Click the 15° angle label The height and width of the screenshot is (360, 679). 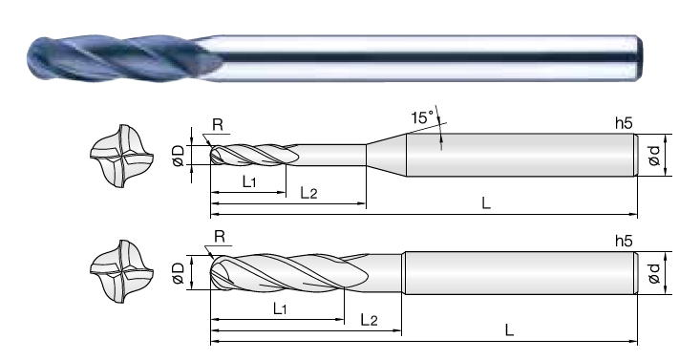pos(422,117)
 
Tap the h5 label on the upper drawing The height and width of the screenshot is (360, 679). pos(624,123)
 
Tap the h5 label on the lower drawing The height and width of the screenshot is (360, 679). pos(624,241)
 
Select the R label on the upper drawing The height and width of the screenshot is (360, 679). pos(218,125)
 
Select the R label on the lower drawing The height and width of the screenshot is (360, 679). pos(220,237)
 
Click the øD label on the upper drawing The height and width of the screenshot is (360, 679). pos(179,156)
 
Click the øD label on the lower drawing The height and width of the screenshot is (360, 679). pos(179,273)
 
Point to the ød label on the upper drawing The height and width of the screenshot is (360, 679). pos(654,156)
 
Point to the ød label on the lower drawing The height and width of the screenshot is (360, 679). pos(654,273)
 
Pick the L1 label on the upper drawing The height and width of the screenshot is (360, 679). pos(249,181)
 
